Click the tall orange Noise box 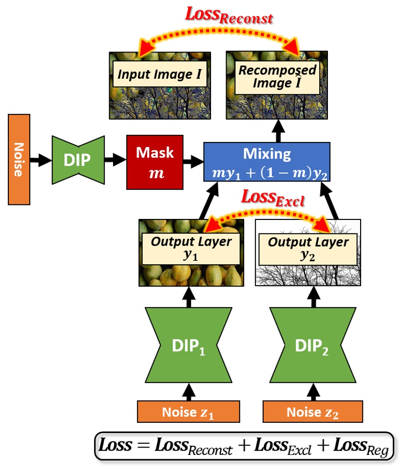click(19, 159)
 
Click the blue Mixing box click(267, 161)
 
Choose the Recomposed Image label click(277, 76)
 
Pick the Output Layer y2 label click(308, 249)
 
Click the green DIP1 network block click(189, 345)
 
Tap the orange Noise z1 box click(189, 412)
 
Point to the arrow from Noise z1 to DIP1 click(189, 390)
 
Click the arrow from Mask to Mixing click(192, 159)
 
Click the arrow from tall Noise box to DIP click(40, 159)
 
